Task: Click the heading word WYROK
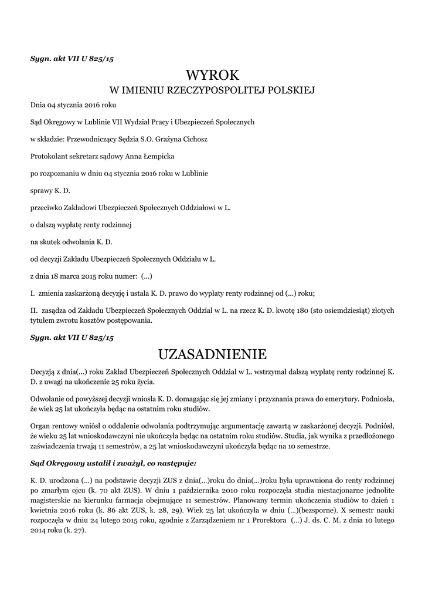tap(212, 75)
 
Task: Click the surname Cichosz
tap(193, 139)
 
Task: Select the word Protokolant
tap(49, 156)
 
